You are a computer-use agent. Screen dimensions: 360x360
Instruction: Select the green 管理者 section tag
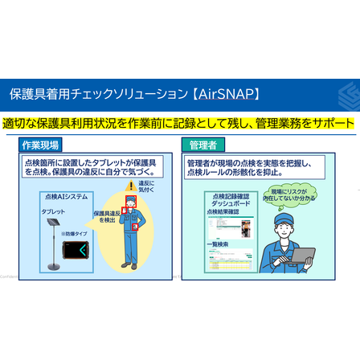tap(202, 145)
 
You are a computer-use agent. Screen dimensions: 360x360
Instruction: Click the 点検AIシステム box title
tap(66, 196)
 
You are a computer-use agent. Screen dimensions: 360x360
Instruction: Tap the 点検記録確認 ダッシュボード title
tap(227, 199)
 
